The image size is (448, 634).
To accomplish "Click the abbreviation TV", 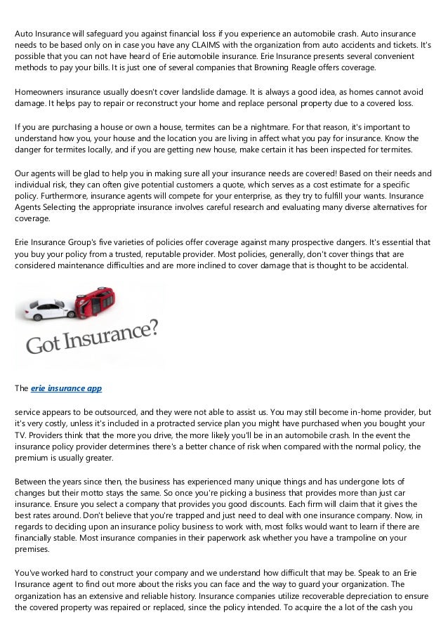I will click(x=20, y=435).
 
